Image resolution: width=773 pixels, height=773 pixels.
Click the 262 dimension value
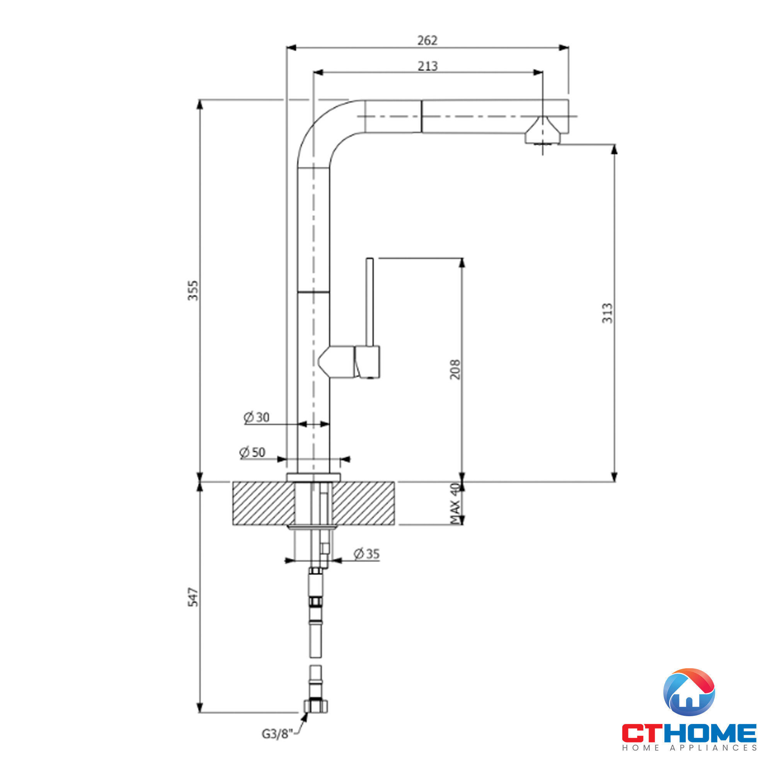(x=427, y=41)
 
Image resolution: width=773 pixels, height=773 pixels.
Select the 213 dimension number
(x=428, y=66)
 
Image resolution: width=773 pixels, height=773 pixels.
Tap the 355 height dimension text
(x=193, y=291)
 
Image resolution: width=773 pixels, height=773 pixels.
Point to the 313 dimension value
(x=607, y=313)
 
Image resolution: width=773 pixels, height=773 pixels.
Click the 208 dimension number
(x=455, y=369)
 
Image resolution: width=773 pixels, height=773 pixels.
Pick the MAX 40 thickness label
(x=455, y=504)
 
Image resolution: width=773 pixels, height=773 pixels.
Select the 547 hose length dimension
(x=193, y=597)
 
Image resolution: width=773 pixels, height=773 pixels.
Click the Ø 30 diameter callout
(x=257, y=417)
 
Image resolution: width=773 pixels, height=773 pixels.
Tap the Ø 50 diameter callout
(x=252, y=453)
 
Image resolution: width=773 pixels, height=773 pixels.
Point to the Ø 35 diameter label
(x=366, y=554)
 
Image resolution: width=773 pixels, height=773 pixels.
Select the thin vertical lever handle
(x=370, y=302)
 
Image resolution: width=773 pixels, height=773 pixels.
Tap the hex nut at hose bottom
(x=316, y=717)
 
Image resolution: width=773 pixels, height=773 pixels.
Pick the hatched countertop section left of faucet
(x=263, y=503)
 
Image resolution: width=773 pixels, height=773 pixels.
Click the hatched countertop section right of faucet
(x=363, y=503)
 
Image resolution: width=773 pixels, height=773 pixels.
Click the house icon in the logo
(x=689, y=692)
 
